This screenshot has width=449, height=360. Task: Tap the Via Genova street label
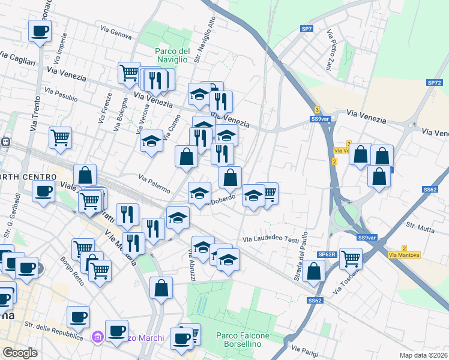click(x=116, y=33)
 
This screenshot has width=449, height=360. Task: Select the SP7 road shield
click(x=307, y=29)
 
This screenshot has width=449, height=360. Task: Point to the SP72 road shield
click(x=434, y=83)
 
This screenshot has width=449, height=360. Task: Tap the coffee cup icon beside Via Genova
click(x=40, y=31)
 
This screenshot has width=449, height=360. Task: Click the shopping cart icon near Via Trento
click(x=60, y=138)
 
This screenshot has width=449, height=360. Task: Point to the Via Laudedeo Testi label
click(x=270, y=239)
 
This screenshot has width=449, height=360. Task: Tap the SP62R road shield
click(x=327, y=254)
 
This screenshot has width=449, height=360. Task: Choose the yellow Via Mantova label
click(x=405, y=255)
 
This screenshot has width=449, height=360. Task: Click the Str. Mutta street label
click(x=420, y=226)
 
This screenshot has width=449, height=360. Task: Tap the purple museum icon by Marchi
click(x=97, y=338)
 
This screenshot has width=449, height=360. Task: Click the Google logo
click(x=19, y=353)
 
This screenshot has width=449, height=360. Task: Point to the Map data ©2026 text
click(x=423, y=355)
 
